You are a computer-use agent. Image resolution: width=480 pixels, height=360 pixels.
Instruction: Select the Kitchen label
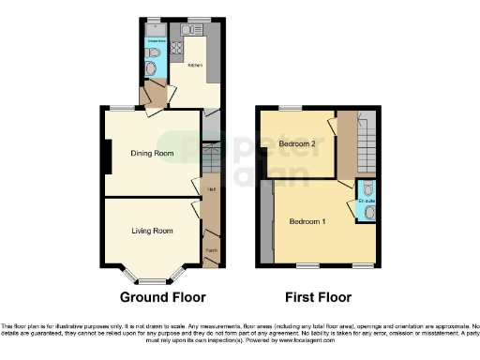point(194,66)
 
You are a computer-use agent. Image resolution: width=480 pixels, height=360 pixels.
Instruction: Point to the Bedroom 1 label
point(307,222)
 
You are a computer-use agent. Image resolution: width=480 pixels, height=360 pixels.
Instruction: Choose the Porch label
point(211,250)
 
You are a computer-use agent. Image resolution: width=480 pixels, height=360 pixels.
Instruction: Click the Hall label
point(211,189)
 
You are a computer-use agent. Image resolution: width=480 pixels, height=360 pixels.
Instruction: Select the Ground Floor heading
point(162,297)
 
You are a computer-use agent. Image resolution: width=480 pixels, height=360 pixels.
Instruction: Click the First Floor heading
point(320,297)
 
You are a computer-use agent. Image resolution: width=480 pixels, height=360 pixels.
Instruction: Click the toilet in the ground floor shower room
point(153,66)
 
